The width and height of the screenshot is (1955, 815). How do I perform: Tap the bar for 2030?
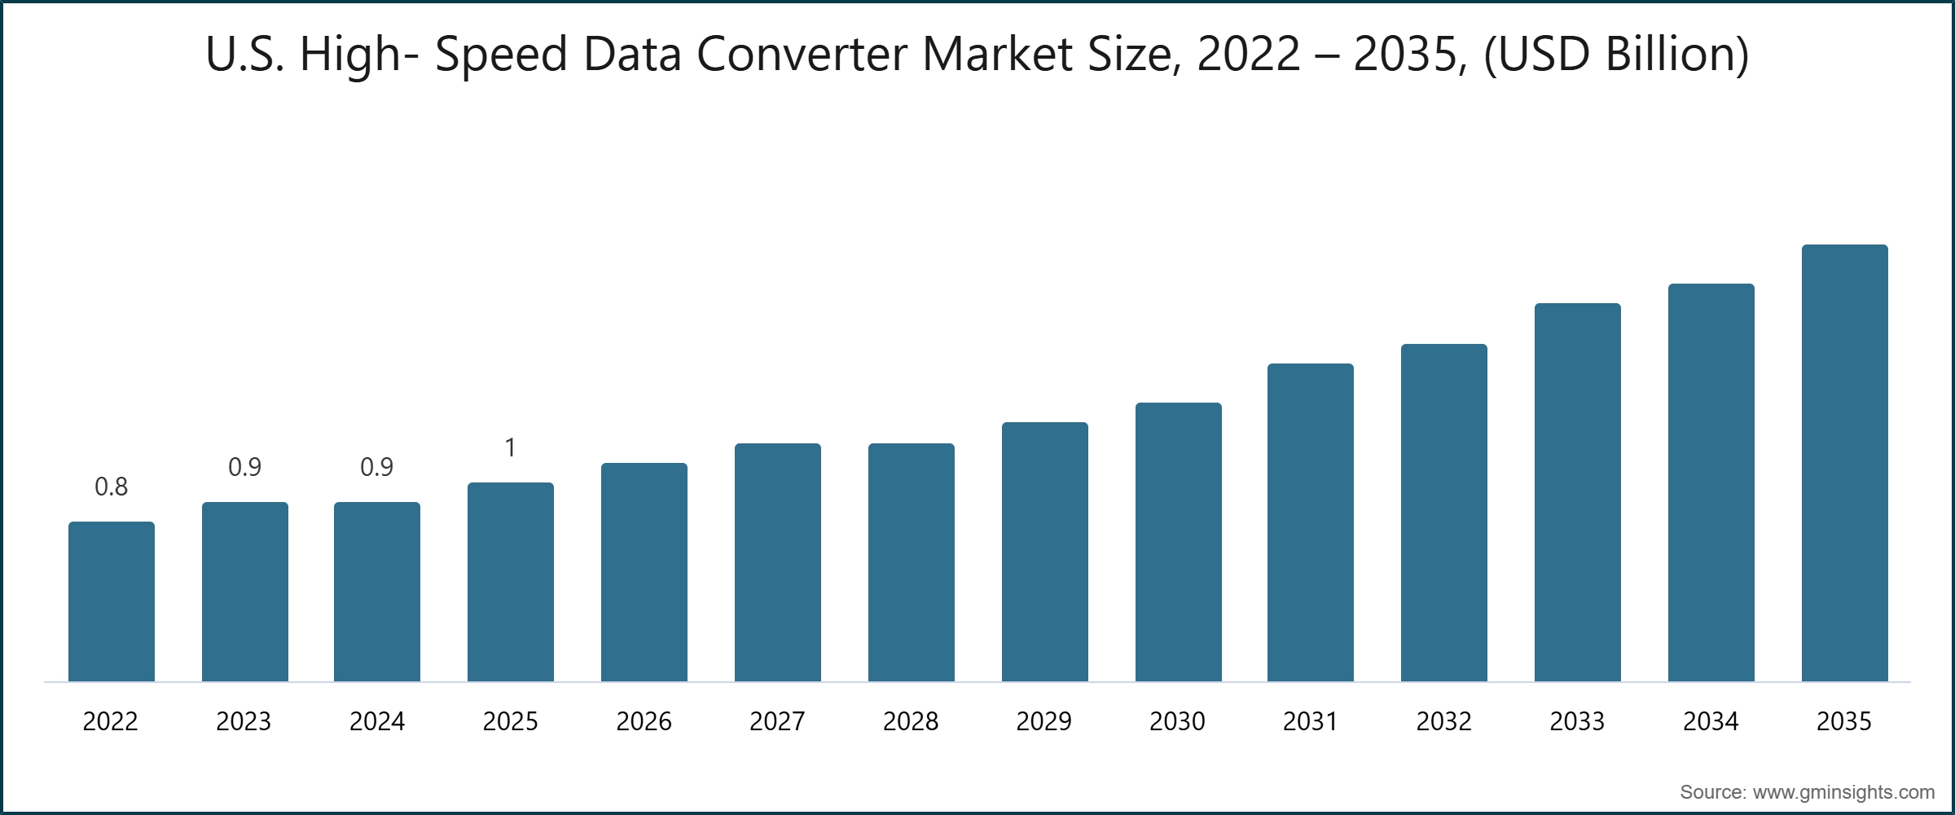point(1178,542)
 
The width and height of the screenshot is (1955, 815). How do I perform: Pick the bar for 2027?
point(777,562)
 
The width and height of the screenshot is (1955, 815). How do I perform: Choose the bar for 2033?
point(1577,492)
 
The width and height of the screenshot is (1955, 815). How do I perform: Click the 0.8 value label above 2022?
point(112,487)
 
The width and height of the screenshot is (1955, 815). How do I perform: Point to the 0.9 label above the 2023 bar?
point(244,467)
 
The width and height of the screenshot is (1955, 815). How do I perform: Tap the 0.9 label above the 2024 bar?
point(376,467)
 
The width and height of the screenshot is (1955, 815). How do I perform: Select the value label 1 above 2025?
point(510,447)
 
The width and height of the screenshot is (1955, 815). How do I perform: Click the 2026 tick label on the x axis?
point(644,721)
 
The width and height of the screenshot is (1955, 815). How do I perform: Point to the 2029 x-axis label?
point(1044,721)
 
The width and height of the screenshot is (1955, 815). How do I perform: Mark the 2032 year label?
point(1443,721)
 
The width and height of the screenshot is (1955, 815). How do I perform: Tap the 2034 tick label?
point(1711,721)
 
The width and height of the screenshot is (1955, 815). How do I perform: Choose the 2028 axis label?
point(911,721)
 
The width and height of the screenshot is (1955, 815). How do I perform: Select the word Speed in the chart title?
point(501,55)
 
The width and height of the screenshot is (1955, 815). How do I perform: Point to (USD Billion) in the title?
point(1616,55)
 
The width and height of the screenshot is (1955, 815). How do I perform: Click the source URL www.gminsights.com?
point(1843,792)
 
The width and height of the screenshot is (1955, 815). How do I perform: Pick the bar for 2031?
point(1311,522)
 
